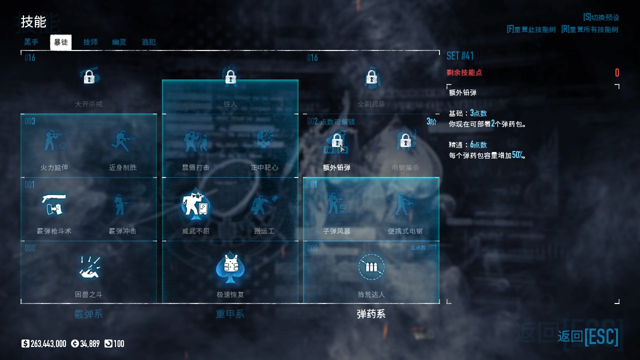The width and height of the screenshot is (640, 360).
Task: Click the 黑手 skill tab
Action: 31,42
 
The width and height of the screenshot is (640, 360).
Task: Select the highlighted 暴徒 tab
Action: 60,42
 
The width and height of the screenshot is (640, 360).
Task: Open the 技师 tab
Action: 90,42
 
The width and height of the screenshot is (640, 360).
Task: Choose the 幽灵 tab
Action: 119,42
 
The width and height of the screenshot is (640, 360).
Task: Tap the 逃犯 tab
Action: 148,42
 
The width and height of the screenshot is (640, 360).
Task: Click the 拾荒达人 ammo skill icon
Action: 371,267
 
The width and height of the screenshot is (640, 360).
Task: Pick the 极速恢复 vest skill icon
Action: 230,267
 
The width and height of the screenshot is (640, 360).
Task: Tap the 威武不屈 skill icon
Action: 195,204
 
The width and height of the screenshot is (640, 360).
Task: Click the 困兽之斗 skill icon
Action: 89,267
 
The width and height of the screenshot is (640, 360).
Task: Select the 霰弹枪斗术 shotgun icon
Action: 54,204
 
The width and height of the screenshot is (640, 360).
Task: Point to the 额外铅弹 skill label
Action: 336,167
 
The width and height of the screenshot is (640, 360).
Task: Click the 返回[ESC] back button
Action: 588,336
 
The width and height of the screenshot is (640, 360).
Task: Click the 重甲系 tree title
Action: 230,314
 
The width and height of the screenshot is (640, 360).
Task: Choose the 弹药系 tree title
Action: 371,314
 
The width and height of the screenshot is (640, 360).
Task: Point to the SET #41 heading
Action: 460,55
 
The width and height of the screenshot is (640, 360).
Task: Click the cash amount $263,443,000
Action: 44,343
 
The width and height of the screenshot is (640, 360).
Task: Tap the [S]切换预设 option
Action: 600,17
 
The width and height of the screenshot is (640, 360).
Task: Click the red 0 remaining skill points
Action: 616,73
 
